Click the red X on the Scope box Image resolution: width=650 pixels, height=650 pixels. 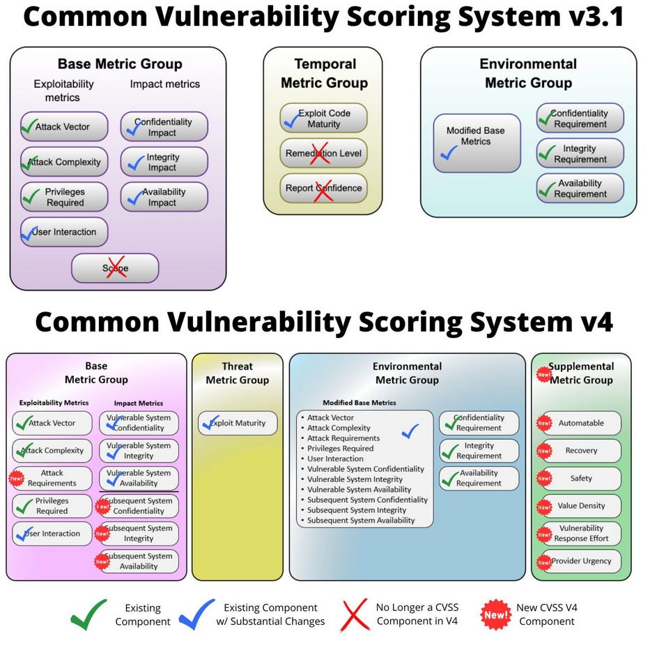tap(115, 268)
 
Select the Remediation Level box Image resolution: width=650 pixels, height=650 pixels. tap(323, 153)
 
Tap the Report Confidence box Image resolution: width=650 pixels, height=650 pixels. tap(323, 188)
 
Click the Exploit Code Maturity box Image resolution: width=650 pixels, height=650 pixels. tap(323, 118)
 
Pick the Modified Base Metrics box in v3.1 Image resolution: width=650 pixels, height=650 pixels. tap(477, 143)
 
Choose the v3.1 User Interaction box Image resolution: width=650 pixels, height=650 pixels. tap(64, 232)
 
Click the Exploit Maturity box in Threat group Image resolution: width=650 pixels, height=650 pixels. tap(237, 423)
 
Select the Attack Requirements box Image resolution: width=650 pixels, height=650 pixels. tap(52, 478)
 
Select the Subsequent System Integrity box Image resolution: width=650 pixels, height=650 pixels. tap(139, 534)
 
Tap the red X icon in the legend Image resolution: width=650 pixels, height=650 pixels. tap(355, 614)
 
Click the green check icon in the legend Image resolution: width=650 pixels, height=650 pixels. tap(89, 614)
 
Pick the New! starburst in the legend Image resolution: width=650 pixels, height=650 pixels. tap(495, 614)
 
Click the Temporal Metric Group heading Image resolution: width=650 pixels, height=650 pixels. tap(323, 74)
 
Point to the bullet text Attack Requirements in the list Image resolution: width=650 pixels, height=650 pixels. tap(343, 438)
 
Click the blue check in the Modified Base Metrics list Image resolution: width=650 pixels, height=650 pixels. tap(410, 432)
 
